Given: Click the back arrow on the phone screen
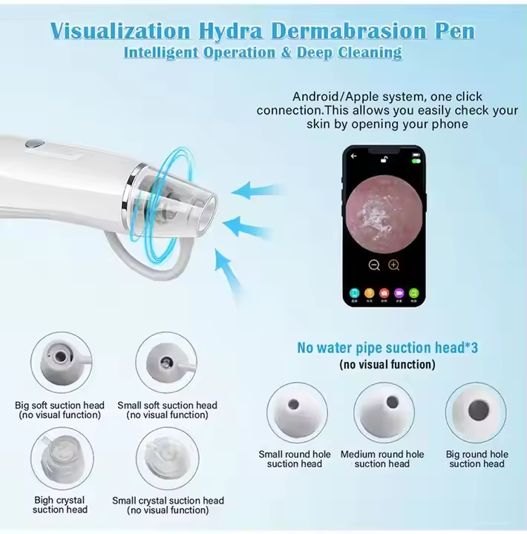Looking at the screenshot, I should click(x=354, y=156).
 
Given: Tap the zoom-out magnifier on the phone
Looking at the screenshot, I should click(x=374, y=265).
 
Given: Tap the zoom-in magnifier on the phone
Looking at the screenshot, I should click(x=393, y=265).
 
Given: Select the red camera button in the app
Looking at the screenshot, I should click(x=384, y=293).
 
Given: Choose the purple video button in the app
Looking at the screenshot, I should click(x=399, y=293).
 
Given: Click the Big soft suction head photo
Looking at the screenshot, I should click(x=62, y=363).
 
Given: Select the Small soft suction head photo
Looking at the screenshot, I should click(x=166, y=363).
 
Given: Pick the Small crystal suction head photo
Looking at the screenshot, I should click(x=166, y=459).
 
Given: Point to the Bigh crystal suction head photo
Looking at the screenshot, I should click(x=62, y=459).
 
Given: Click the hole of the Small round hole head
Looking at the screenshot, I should click(x=294, y=405).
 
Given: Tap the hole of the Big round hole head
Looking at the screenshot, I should click(x=476, y=409).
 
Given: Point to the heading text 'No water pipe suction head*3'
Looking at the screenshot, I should click(x=386, y=348).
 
